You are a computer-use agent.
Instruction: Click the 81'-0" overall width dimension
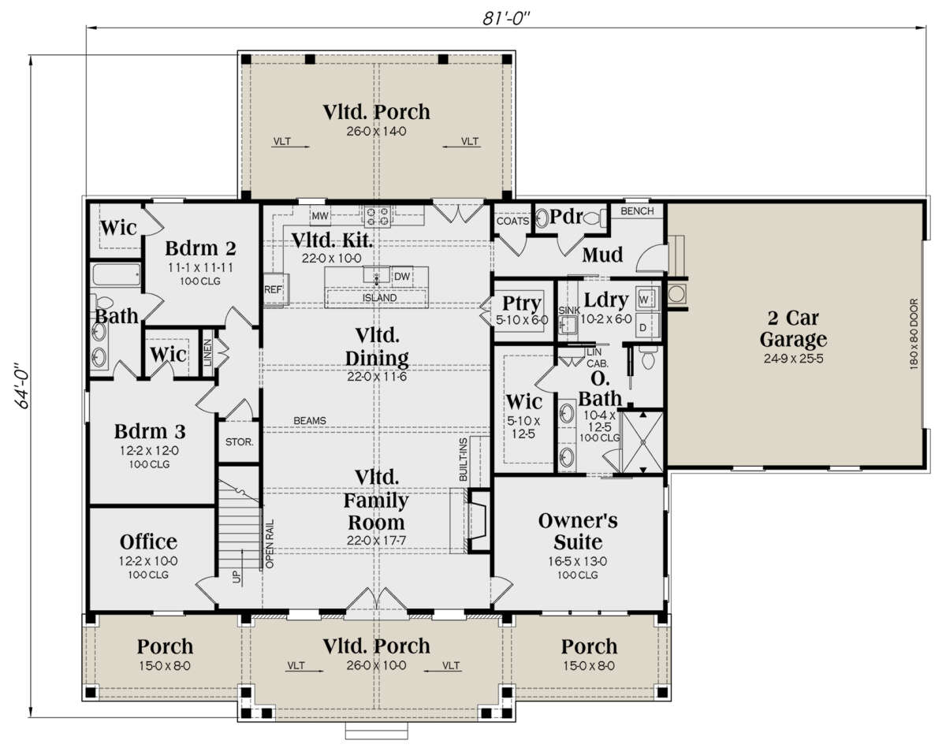point(506,18)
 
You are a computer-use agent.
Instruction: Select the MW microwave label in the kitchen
point(319,216)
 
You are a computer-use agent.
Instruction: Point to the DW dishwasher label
point(401,277)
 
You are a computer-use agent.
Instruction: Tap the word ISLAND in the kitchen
point(379,298)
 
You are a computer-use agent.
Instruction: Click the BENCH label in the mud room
point(637,211)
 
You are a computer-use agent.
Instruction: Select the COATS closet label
point(512,221)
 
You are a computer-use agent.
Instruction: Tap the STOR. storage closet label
point(239,442)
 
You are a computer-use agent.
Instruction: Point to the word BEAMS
point(310,421)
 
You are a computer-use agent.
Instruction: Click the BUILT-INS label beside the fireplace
point(463,460)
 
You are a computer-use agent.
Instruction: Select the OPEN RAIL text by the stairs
point(270,544)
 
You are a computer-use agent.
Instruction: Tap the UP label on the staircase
point(237,577)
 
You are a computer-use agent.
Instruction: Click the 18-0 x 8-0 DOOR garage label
point(914,334)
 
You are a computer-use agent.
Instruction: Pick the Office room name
point(148,542)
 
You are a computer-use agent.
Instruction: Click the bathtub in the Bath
point(116,275)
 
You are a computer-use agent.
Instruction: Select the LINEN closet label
point(208,352)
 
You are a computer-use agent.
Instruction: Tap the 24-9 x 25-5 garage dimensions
point(794,359)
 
